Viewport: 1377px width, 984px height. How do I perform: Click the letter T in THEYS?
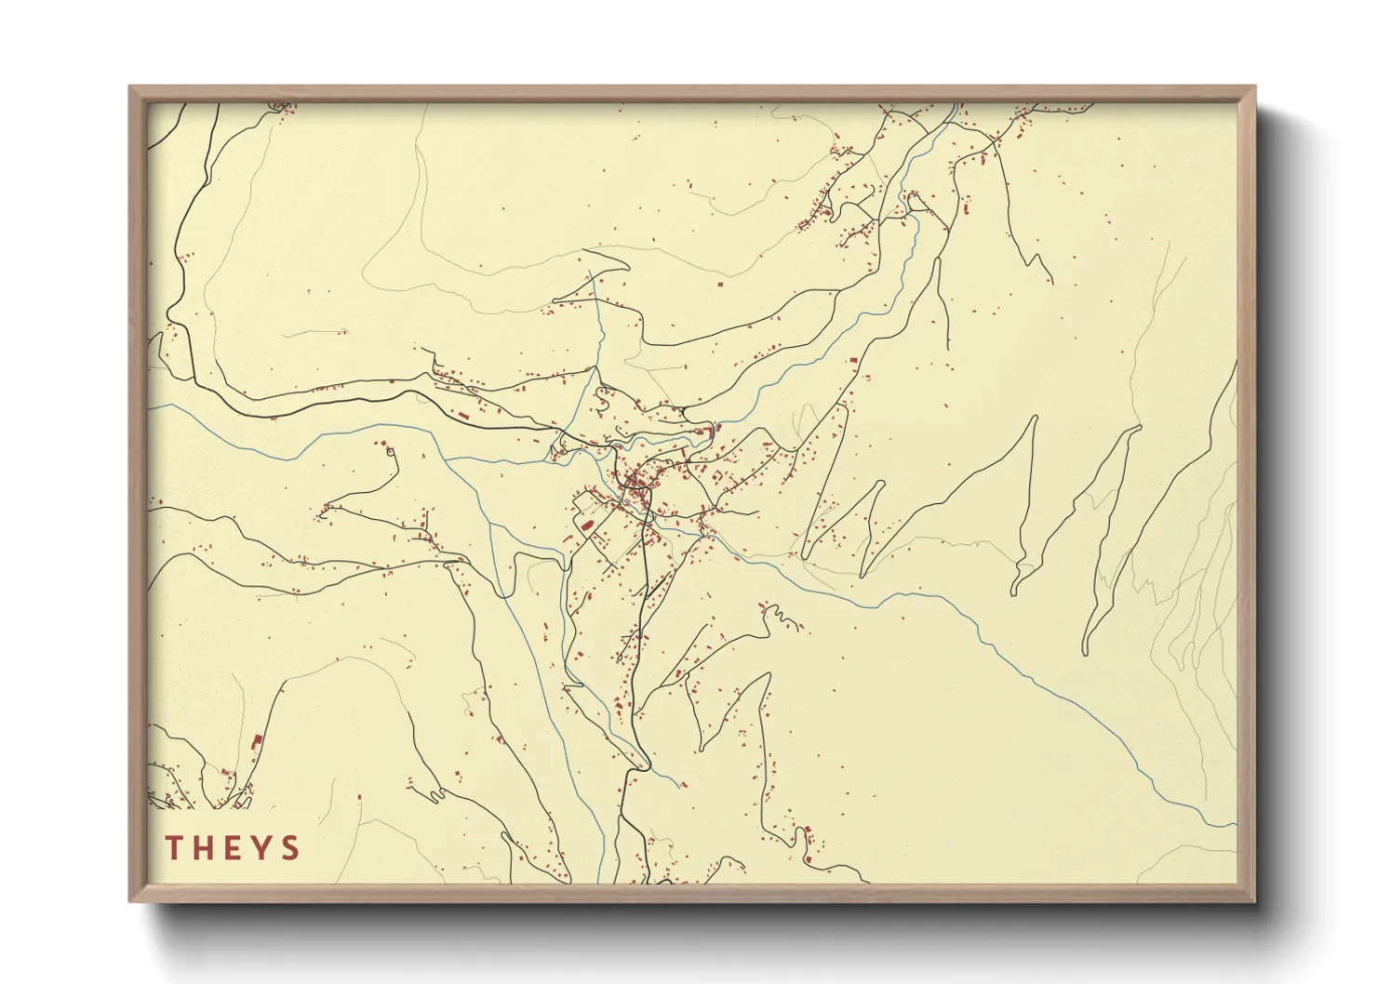point(174,847)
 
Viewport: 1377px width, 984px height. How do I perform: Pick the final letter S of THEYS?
point(291,847)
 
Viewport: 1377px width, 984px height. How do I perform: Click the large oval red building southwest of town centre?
point(587,525)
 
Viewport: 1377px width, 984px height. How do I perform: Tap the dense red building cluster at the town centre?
point(635,482)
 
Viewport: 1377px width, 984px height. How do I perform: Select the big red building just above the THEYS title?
point(258,741)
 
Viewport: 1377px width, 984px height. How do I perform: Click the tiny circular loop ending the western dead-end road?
point(390,452)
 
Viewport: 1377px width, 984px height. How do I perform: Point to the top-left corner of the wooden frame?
point(130,87)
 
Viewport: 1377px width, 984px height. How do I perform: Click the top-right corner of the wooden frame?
point(1254,87)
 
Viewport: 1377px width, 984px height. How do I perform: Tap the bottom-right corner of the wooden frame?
point(1254,900)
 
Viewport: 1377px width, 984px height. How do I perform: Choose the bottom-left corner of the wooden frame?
point(130,900)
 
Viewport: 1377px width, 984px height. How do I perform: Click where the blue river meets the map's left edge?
point(150,406)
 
